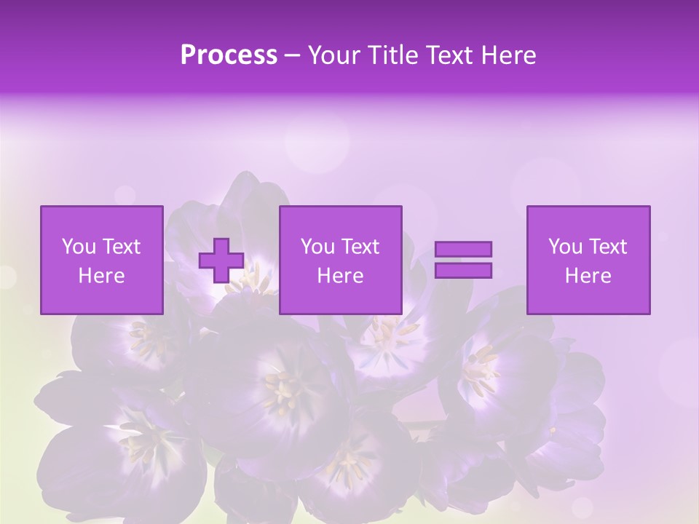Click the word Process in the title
click(x=229, y=55)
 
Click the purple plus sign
click(x=221, y=261)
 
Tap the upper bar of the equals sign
click(x=463, y=250)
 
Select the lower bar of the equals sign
click(x=463, y=270)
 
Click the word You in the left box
click(x=79, y=247)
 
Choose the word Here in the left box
click(x=102, y=276)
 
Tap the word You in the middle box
click(x=317, y=247)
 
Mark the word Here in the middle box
click(x=341, y=276)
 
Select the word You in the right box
click(x=565, y=247)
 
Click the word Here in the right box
click(x=588, y=276)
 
